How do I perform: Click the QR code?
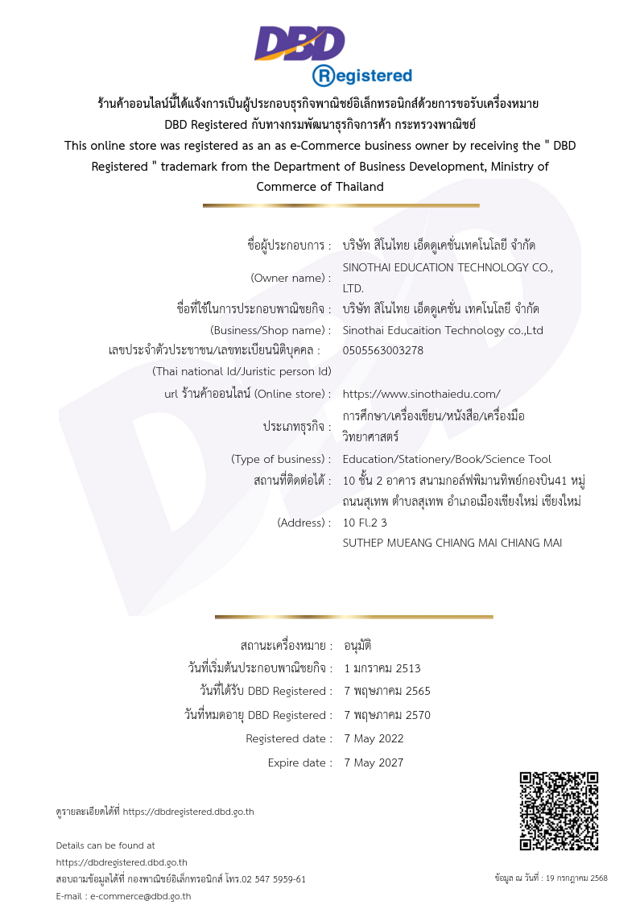[559, 811]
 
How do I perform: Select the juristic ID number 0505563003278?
[383, 350]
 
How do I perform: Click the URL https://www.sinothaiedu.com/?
[421, 394]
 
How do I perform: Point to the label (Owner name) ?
[291, 278]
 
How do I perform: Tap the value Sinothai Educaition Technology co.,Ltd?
[443, 330]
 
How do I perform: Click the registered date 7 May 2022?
[374, 738]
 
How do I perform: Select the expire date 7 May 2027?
[374, 762]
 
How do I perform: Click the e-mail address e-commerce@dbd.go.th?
[140, 895]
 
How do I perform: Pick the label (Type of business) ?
[281, 459]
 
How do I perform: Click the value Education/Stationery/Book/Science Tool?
[447, 459]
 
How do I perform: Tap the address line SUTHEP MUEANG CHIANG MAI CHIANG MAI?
[452, 543]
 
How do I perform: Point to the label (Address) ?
[303, 522]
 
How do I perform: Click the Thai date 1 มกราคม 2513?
[382, 668]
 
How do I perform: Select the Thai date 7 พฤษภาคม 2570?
[386, 715]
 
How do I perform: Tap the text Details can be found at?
[105, 845]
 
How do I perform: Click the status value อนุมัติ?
[357, 646]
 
